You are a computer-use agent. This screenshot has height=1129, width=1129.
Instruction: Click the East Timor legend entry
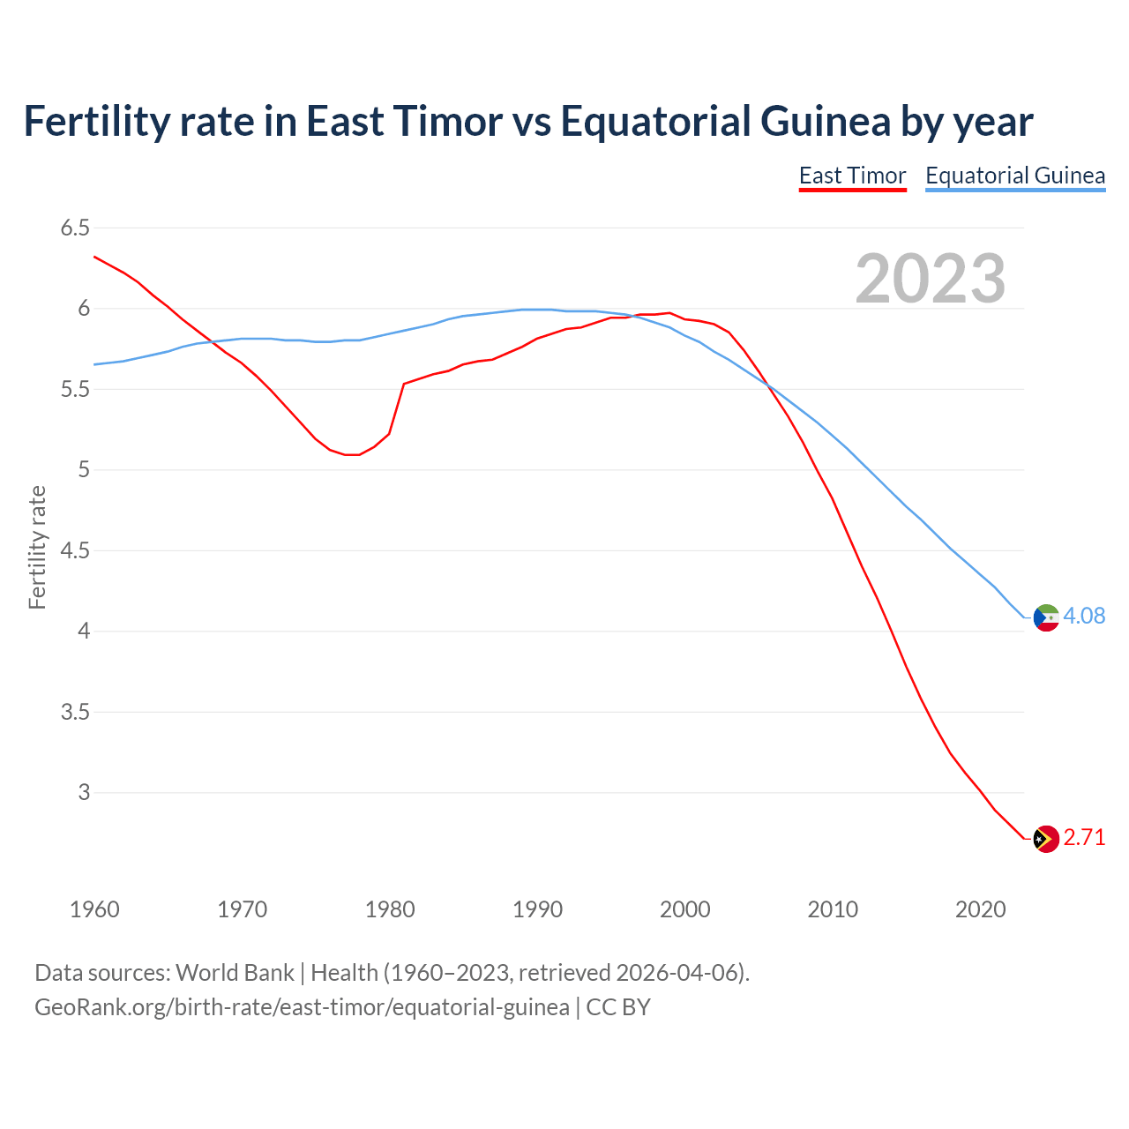(852, 176)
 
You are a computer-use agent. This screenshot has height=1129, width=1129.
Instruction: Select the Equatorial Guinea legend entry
(1015, 176)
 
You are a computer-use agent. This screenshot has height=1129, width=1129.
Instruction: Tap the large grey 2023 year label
(931, 279)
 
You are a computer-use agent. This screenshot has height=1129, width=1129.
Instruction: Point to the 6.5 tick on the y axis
(75, 228)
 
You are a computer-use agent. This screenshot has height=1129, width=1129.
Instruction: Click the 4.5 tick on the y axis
(75, 550)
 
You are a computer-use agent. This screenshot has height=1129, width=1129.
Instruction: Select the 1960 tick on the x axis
(94, 909)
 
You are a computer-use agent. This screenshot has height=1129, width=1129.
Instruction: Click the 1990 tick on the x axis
(537, 909)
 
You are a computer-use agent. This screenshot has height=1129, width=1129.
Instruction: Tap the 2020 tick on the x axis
(980, 909)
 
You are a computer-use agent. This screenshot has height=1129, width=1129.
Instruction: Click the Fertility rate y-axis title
(37, 547)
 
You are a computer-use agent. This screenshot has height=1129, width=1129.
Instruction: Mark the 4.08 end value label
(1084, 616)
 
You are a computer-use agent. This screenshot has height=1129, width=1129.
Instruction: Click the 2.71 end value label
(1084, 837)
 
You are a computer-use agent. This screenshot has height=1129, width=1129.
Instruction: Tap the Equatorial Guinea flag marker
(1045, 617)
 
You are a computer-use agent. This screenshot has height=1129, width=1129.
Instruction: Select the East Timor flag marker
(1045, 839)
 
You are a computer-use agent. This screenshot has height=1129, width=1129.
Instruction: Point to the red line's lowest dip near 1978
(353, 455)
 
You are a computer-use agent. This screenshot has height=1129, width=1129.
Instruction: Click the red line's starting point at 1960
(94, 257)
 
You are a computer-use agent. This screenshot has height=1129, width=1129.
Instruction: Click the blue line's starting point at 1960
(94, 364)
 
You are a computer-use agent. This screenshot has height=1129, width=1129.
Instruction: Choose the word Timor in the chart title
(448, 121)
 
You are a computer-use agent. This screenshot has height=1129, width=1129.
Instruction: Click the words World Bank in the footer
(235, 972)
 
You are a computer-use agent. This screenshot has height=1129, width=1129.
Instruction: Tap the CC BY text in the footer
(618, 1006)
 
